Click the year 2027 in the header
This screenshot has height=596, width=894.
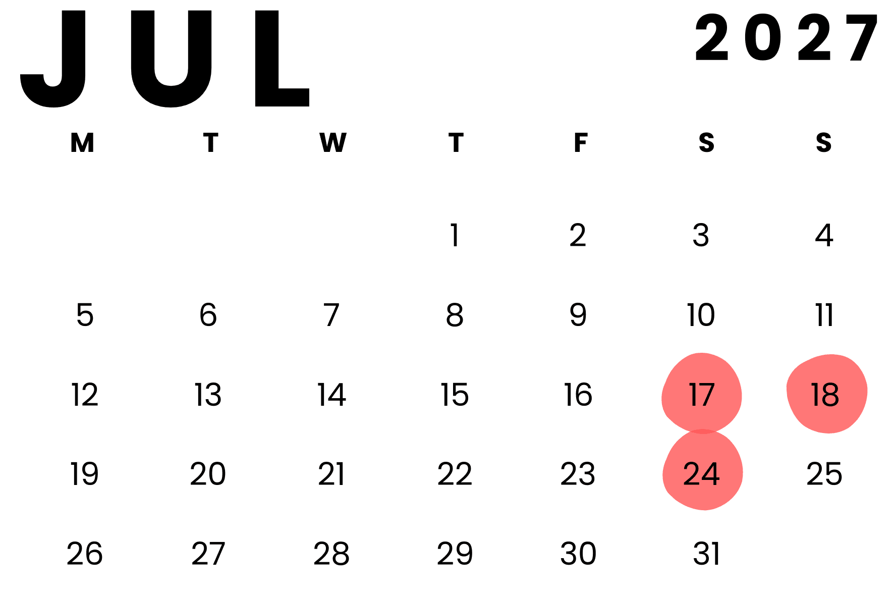coord(786,38)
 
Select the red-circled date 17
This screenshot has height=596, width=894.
coord(701,395)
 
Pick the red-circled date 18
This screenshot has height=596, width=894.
coord(825,395)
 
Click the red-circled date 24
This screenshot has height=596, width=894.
coord(701,474)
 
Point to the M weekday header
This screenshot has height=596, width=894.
coord(82,143)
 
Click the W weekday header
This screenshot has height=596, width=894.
coord(332,143)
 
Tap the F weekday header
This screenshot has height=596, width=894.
coord(580,143)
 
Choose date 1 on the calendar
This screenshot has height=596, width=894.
coord(455,235)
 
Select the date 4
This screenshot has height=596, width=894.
coord(824,235)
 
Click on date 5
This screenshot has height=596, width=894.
coord(85,315)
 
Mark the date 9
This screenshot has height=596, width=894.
coord(578,315)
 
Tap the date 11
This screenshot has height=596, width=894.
coord(824,315)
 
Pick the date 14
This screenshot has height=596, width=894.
coord(331,395)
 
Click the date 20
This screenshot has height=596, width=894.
coord(208,474)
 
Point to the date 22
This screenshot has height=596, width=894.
coord(455,474)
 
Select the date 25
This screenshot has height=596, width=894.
coord(824,474)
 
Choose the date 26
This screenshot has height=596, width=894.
coord(85,554)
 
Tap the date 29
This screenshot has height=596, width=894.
coord(455,554)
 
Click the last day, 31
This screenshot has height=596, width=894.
coord(706,554)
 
